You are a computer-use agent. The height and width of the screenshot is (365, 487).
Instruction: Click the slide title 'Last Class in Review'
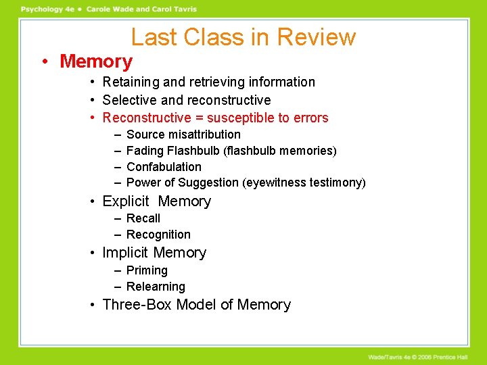point(243,36)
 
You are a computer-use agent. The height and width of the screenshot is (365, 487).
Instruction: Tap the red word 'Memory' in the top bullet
point(96,62)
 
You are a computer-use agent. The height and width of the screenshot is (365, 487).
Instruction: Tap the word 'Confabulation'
point(164,167)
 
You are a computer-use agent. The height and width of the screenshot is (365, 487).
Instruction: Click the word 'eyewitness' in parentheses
point(272,182)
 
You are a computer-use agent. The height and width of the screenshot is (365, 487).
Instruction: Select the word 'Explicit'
point(125,201)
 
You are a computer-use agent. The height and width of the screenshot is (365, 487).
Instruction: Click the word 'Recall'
point(143,218)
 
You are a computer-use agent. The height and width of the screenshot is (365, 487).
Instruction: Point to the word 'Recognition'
point(158,235)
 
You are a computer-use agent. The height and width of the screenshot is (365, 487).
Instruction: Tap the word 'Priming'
point(147,270)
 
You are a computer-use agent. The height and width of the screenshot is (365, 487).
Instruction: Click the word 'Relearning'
point(156,287)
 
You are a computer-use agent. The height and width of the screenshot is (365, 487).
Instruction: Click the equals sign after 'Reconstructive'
point(200,118)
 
